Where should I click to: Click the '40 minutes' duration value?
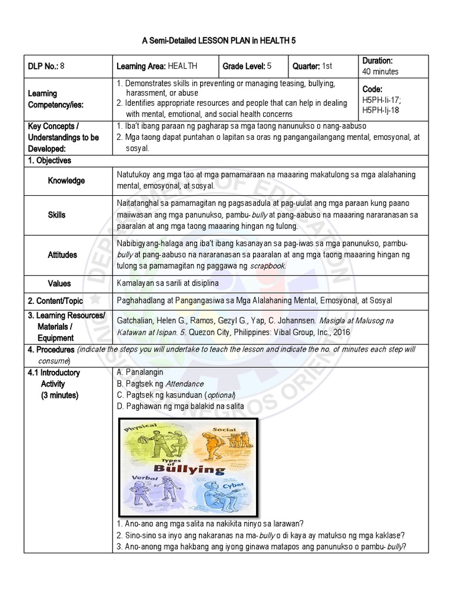380,72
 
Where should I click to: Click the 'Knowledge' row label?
67,180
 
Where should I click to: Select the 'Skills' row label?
57,215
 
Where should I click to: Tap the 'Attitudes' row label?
62,255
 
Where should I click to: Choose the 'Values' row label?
59,283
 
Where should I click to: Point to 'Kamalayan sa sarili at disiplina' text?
168,283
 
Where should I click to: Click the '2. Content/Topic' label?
56,300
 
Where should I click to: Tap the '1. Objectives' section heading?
50,160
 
